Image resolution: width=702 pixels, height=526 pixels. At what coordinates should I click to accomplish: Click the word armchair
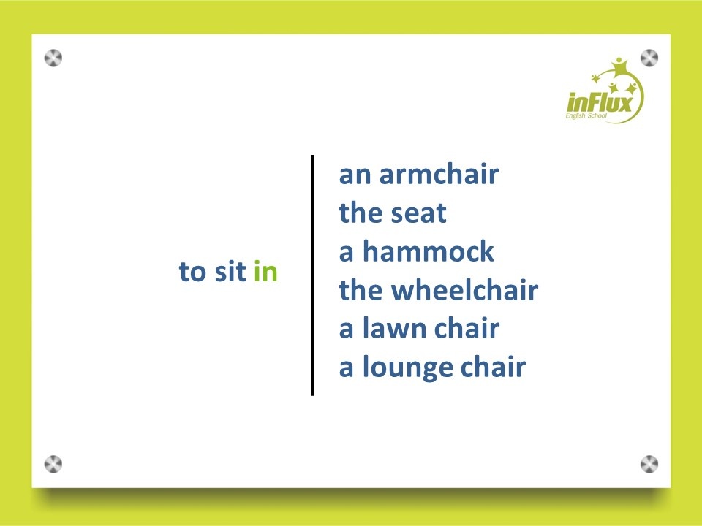(439, 174)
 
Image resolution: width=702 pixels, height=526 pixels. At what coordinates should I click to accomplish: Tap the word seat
(418, 213)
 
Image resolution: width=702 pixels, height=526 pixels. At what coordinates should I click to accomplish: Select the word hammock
(428, 251)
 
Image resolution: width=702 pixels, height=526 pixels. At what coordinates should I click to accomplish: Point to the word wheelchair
(465, 290)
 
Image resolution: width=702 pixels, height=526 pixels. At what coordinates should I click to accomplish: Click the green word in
(265, 271)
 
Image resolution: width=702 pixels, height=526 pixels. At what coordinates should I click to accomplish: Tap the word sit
(230, 271)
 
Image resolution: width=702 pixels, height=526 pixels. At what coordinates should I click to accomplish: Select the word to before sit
(192, 272)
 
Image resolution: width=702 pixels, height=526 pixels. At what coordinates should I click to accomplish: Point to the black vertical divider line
(312, 275)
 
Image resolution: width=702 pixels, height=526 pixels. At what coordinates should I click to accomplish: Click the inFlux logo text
(600, 103)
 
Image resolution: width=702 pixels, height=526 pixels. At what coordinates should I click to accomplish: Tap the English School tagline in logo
(586, 116)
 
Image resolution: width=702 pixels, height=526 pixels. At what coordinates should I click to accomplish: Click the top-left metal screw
(53, 58)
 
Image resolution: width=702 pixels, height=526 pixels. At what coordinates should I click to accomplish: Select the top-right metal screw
(649, 58)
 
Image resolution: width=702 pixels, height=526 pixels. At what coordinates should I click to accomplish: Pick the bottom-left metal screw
(53, 465)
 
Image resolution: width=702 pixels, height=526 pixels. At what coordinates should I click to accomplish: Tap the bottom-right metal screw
(649, 465)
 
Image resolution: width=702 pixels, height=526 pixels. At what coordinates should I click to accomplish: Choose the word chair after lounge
(493, 367)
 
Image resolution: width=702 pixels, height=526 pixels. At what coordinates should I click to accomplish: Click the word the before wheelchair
(361, 290)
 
